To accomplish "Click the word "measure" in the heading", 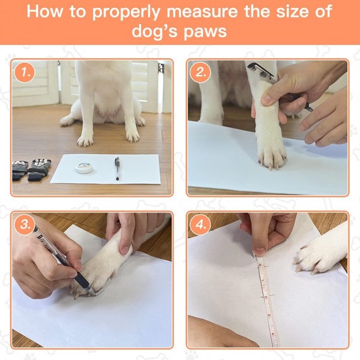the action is (x=202, y=11).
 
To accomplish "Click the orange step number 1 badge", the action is (x=25, y=73).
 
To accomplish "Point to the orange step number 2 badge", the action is (x=200, y=73).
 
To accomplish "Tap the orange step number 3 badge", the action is (x=25, y=224).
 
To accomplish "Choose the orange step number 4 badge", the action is (x=200, y=224).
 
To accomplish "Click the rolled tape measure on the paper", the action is (x=83, y=167).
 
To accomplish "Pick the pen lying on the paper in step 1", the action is (x=118, y=169).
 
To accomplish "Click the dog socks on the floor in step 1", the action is (x=31, y=169).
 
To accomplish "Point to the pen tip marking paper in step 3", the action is (x=95, y=295).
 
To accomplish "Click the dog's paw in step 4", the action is (x=320, y=255).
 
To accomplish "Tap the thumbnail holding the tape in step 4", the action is (x=260, y=251).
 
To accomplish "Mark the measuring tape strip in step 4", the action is (x=268, y=301).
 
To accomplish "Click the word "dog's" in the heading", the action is (x=155, y=31).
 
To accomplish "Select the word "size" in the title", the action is (x=292, y=11).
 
